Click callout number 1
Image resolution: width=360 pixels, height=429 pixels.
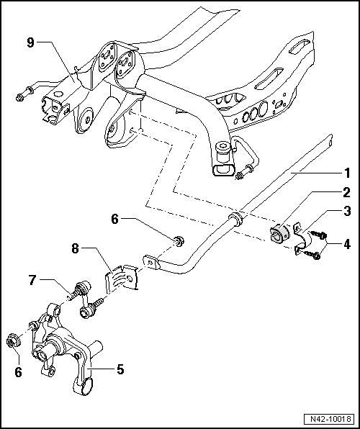(347, 173)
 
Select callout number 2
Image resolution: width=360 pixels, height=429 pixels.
(347, 192)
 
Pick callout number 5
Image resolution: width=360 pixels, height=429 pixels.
(120, 370)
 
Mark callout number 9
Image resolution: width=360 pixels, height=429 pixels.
(30, 43)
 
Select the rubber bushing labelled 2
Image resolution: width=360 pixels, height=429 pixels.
(280, 235)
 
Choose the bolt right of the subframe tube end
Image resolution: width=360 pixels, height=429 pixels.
(246, 170)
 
